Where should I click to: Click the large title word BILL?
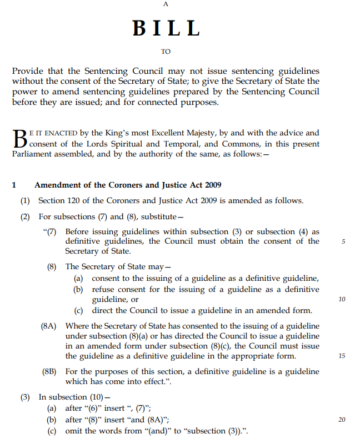point(166,28)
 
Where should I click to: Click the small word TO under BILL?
point(166,52)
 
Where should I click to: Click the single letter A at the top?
point(166,4)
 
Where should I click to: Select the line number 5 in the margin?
point(343,241)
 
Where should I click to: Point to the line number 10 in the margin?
point(342,299)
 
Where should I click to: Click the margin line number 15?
point(342,356)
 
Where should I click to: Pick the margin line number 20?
point(342,420)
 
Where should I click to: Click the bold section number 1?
point(15,185)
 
